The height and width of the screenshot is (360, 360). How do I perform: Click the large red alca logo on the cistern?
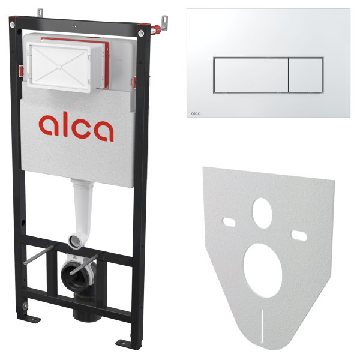(x=76, y=126)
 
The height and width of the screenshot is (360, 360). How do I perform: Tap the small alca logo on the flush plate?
(x=196, y=113)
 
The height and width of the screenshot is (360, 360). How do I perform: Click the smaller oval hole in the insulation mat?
(x=262, y=213)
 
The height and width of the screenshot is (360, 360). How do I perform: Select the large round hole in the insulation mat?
(x=263, y=271)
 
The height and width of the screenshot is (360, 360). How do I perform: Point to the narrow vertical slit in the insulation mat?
(x=262, y=326)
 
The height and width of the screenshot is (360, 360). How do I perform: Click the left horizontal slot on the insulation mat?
(x=229, y=222)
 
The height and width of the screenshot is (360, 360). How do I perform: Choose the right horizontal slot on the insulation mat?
(x=299, y=236)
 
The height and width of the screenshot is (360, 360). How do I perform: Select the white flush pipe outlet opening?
(x=75, y=241)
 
